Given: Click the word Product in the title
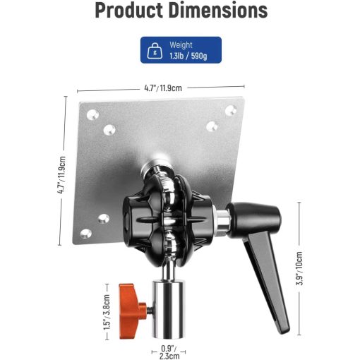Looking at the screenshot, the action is pos(129,11).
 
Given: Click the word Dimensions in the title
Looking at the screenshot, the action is pos(218,11).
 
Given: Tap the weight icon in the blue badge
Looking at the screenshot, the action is pos(155,51).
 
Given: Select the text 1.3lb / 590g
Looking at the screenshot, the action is pos(188,56).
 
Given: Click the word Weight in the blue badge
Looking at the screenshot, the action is pos(181,44).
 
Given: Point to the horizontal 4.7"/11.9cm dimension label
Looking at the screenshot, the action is pos(163,88).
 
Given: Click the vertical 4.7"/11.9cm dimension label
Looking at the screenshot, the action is pos(61,175).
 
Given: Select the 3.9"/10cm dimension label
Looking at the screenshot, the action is pos(299,268).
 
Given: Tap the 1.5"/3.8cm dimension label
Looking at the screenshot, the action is pos(107,312).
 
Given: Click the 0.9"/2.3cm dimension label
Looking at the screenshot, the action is pos(169,352).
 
